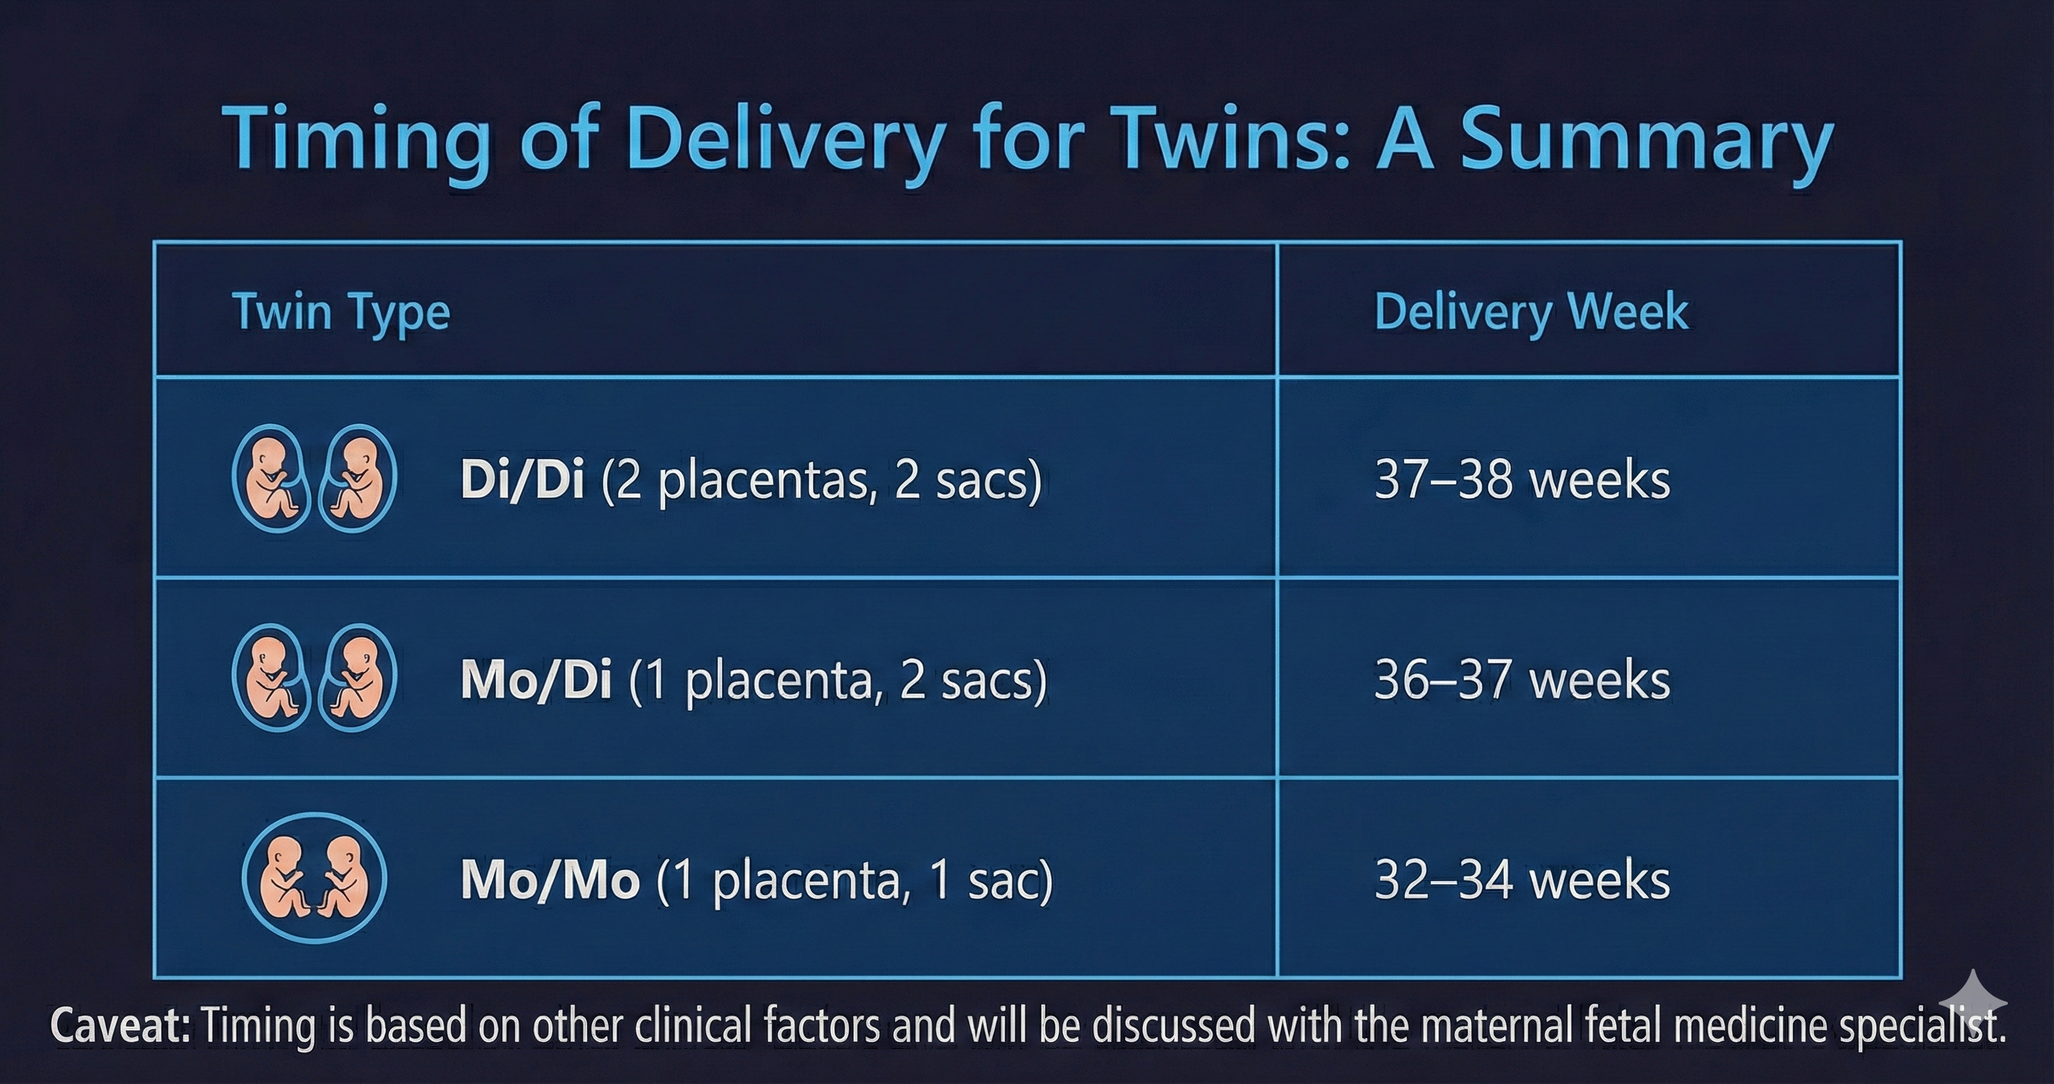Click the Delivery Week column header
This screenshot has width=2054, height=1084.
pyautogui.click(x=1531, y=313)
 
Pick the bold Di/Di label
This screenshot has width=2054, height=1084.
pyautogui.click(x=522, y=480)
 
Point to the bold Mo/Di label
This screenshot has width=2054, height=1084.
pyautogui.click(x=537, y=679)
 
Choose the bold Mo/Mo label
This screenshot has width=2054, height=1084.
pyautogui.click(x=550, y=880)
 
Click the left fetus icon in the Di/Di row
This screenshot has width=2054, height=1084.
pyautogui.click(x=272, y=479)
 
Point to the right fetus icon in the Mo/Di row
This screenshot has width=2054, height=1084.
pyautogui.click(x=357, y=677)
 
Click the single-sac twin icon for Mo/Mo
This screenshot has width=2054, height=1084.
pyautogui.click(x=314, y=879)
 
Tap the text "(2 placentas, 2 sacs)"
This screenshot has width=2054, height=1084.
pyautogui.click(x=821, y=481)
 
